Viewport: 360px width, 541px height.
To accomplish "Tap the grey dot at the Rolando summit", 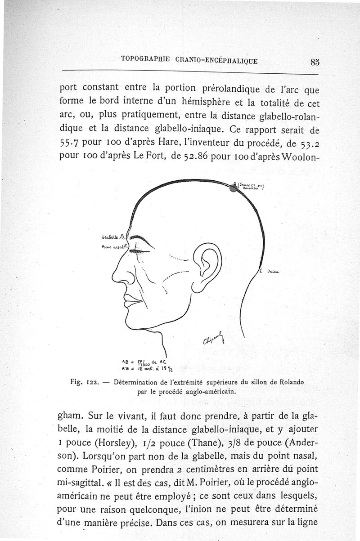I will click(x=234, y=188).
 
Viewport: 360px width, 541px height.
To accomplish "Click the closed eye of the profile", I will click(x=143, y=250).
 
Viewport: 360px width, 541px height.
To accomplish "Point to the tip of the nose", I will click(x=114, y=278).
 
